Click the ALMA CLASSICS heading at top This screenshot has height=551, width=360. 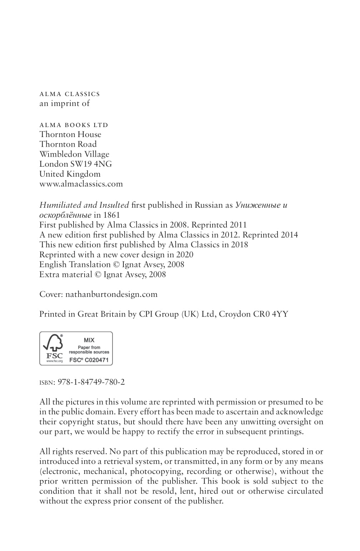click(70, 94)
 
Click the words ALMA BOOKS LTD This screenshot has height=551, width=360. click(74, 125)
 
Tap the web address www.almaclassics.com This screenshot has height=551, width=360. click(81, 184)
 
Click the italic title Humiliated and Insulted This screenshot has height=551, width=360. click(84, 205)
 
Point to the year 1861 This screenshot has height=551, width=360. click(111, 215)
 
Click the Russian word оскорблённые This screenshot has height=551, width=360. click(65, 215)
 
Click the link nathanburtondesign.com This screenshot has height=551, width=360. click(111, 294)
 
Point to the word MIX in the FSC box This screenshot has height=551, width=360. click(89, 340)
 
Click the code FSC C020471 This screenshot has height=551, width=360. click(89, 360)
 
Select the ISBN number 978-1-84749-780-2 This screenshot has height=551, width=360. click(91, 382)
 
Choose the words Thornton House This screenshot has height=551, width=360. click(70, 135)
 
